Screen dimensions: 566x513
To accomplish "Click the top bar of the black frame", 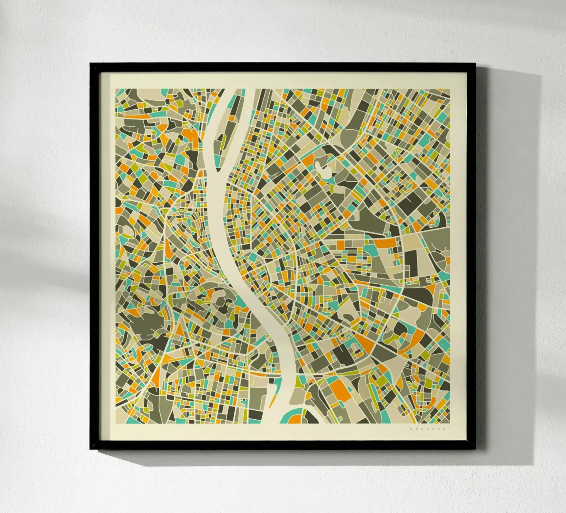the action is pos(283,66).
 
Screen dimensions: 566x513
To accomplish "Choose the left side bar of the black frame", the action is pos(95,256).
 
